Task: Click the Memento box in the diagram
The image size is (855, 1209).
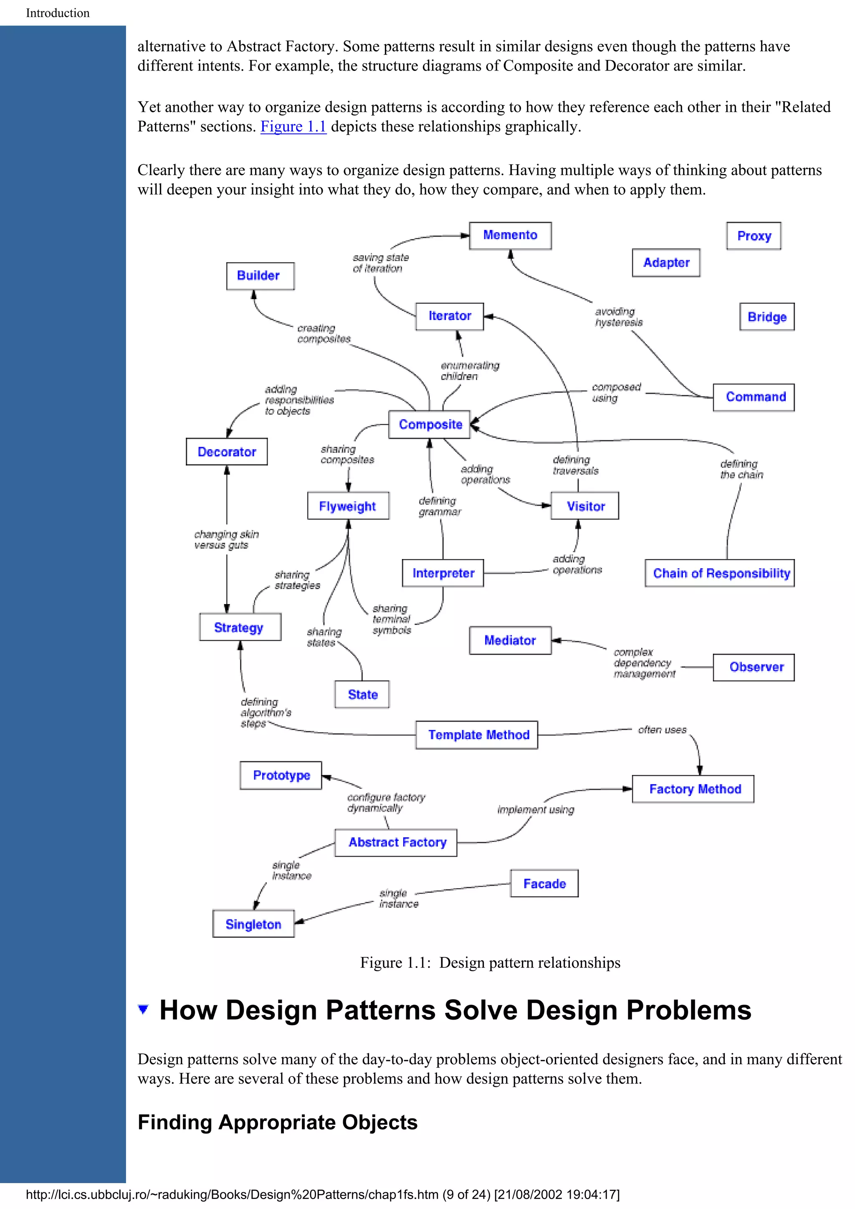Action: pyautogui.click(x=509, y=235)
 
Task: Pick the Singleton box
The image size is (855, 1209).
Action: pyautogui.click(x=253, y=924)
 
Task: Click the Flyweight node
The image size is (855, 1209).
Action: pyautogui.click(x=348, y=506)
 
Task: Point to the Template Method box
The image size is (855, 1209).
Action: pyautogui.click(x=477, y=735)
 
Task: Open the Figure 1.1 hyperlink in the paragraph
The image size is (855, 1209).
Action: pyautogui.click(x=293, y=126)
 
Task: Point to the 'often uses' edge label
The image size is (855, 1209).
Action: pyautogui.click(x=662, y=730)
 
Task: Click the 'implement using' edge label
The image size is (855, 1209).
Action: pyautogui.click(x=535, y=810)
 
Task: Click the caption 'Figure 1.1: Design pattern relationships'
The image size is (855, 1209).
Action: pyautogui.click(x=490, y=962)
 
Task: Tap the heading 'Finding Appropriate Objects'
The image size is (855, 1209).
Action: pyautogui.click(x=277, y=1122)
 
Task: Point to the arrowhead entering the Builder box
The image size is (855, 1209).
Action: pyautogui.click(x=254, y=294)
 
